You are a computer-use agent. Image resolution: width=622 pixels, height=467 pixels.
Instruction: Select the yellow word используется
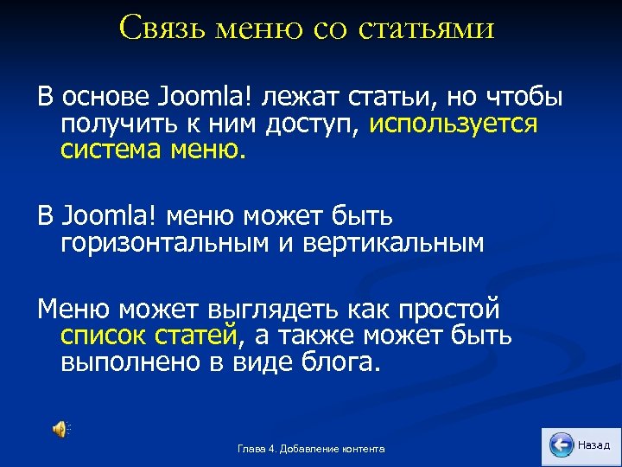[x=454, y=125]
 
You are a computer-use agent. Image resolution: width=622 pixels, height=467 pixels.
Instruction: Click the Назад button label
[x=593, y=445]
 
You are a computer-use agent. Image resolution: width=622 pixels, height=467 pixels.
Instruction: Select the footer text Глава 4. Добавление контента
[x=311, y=449]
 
